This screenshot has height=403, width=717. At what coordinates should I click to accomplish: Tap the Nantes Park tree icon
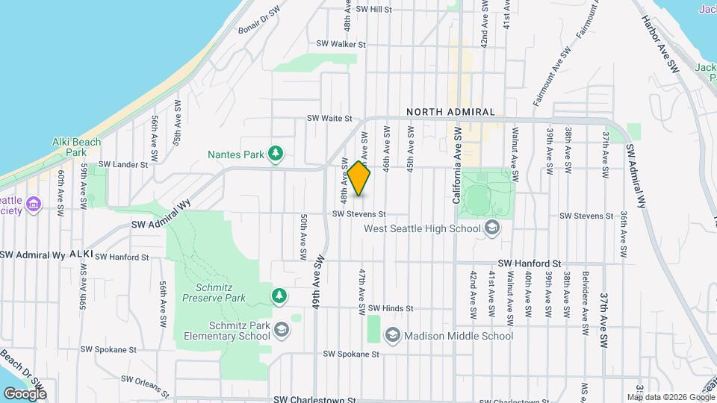276,154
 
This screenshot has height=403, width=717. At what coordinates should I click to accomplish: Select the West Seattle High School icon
491,228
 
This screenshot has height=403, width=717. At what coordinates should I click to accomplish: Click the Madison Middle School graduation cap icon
393,336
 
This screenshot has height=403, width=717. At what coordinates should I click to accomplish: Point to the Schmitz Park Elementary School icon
282,329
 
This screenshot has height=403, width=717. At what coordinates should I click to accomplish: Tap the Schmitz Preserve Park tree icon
279,296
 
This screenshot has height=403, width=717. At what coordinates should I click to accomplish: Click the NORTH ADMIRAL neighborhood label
450,112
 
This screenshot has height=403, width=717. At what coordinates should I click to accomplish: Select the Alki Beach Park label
75,146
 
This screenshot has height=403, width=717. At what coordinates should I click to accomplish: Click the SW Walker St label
341,45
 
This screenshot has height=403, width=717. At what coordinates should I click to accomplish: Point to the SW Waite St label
329,119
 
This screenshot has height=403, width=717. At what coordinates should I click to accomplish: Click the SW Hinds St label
391,308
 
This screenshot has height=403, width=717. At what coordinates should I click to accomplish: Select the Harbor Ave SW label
660,46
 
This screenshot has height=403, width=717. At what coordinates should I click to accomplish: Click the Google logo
25,393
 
